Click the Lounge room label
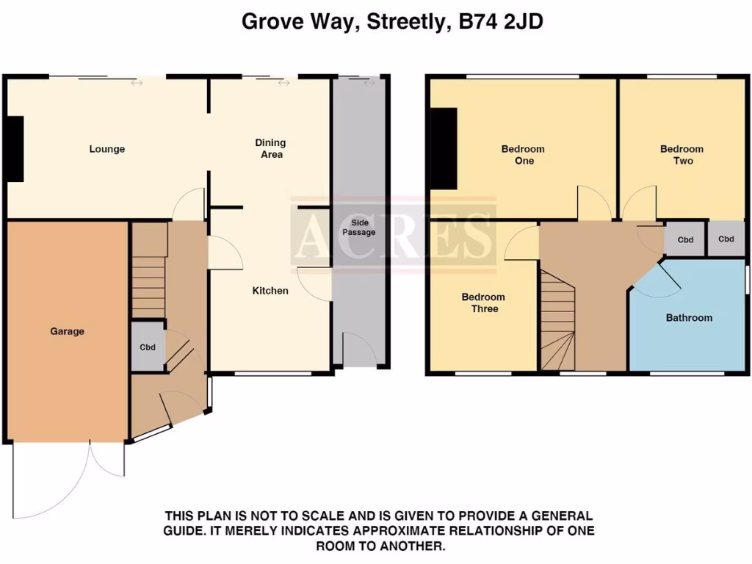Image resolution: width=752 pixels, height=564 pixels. (x=107, y=149)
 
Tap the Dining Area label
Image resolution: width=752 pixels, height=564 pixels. (x=270, y=148)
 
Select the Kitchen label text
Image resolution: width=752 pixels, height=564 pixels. (x=270, y=291)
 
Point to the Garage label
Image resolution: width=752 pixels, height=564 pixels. (x=67, y=331)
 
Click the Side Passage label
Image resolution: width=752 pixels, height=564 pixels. (x=358, y=227)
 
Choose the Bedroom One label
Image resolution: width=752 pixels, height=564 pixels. (x=523, y=154)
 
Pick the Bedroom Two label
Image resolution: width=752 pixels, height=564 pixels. (x=681, y=154)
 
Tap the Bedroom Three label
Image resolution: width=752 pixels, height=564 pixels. (x=483, y=303)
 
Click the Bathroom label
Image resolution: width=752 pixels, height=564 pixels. (x=689, y=318)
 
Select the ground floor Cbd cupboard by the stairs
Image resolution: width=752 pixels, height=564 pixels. (x=148, y=347)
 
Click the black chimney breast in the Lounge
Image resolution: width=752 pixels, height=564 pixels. (x=14, y=148)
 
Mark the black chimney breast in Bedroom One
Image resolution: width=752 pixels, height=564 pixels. (x=444, y=150)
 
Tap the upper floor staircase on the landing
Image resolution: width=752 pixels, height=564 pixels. (x=558, y=319)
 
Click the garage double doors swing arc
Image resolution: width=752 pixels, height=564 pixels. (x=70, y=477)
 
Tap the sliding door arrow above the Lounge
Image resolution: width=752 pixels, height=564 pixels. (x=137, y=83)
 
